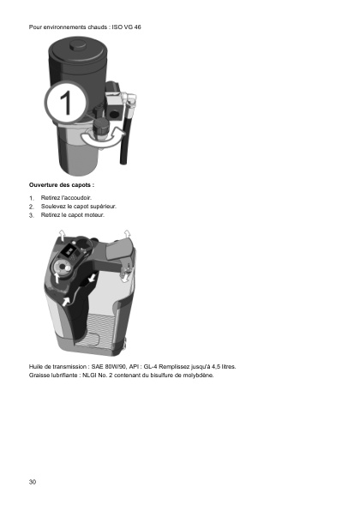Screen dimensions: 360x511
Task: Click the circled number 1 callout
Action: tap(66, 102)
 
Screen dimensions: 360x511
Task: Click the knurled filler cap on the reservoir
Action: tap(101, 126)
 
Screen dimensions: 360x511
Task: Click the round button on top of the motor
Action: tap(77, 45)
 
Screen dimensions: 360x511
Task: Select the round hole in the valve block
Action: tap(114, 114)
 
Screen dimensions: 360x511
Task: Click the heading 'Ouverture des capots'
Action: tap(62, 185)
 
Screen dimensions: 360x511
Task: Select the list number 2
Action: tap(31, 207)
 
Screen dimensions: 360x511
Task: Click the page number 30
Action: tap(33, 482)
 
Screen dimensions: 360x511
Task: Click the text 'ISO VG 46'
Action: tap(126, 27)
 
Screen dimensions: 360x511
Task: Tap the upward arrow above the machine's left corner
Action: tap(62, 235)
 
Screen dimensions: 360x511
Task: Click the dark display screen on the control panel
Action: tap(69, 251)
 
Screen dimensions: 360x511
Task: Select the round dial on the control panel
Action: tap(61, 268)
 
